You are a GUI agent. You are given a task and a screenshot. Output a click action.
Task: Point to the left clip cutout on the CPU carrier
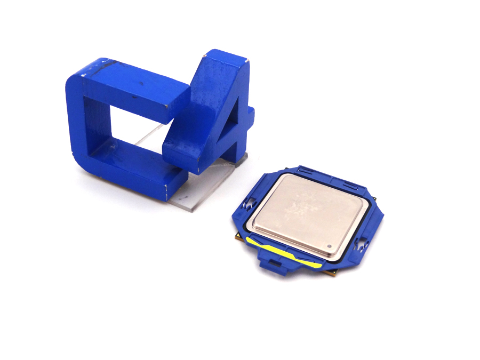tap(247, 205)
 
